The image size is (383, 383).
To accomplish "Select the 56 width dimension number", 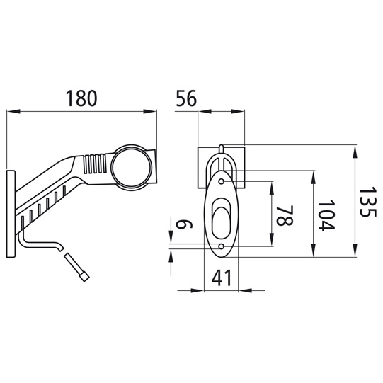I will [x=185, y=99].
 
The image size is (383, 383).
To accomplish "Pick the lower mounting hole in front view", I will [x=222, y=246].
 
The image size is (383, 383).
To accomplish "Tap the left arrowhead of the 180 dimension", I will [x=10, y=111].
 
